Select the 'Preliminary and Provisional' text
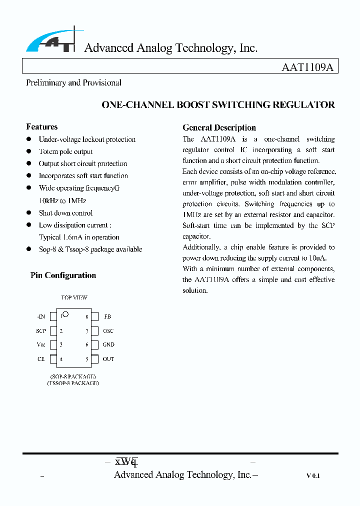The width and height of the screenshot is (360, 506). [x=73, y=83]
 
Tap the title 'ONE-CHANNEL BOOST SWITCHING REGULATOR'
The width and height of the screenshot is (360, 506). [x=218, y=105]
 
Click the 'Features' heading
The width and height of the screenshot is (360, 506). [x=41, y=127]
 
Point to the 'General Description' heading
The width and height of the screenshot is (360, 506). [x=219, y=127]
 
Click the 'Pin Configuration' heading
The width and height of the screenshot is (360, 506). [x=63, y=275]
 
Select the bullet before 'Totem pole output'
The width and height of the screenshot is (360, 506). [x=29, y=151]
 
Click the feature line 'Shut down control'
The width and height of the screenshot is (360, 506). [x=65, y=213]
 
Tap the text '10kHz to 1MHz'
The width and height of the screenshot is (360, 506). [x=62, y=200]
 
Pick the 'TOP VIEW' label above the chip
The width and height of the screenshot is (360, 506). [x=74, y=298]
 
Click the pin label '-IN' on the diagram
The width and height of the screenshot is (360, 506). [x=41, y=316]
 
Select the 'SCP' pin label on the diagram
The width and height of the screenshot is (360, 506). [x=41, y=331]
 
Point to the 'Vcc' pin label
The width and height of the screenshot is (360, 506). [x=41, y=344]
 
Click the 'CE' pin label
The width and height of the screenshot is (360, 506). [x=41, y=359]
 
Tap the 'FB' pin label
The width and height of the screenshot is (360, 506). [x=107, y=316]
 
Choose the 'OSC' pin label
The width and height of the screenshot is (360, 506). [x=108, y=331]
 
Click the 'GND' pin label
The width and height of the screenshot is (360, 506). [x=108, y=344]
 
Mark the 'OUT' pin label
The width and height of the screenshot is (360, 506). [x=108, y=359]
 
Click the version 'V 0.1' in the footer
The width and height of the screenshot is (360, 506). [x=313, y=476]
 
